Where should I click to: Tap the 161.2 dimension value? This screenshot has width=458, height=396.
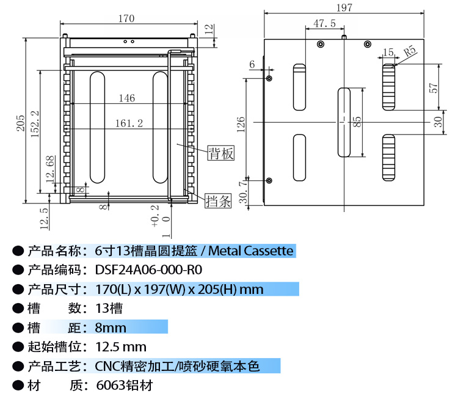pyautogui.click(x=129, y=123)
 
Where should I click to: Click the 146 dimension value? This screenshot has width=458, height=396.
pyautogui.click(x=126, y=98)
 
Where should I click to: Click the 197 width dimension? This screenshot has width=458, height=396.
pyautogui.click(x=344, y=7)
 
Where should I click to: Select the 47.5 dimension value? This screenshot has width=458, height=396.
pyautogui.click(x=324, y=23)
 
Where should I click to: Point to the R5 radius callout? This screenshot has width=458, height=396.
pyautogui.click(x=409, y=51)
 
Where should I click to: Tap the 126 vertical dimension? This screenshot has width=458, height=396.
pyautogui.click(x=241, y=126)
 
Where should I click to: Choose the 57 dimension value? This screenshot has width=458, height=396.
pyautogui.click(x=434, y=87)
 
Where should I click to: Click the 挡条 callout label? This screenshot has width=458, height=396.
pyautogui.click(x=219, y=201)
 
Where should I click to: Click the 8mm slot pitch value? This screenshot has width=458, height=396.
pyautogui.click(x=111, y=328)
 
